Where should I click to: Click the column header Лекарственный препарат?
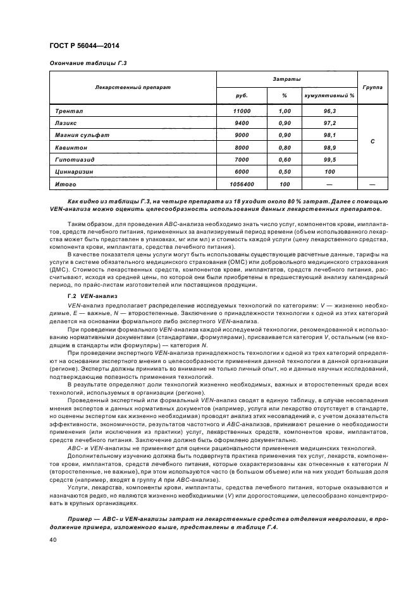(133, 87)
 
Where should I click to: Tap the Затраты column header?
(286, 79)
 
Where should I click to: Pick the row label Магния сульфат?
(80, 135)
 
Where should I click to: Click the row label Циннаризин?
(77, 171)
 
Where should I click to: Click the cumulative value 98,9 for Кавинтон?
(329, 147)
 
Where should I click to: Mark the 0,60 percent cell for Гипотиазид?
(285, 159)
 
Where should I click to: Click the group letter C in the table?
(372, 141)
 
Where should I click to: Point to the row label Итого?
(66, 184)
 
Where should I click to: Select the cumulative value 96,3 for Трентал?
(329, 111)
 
